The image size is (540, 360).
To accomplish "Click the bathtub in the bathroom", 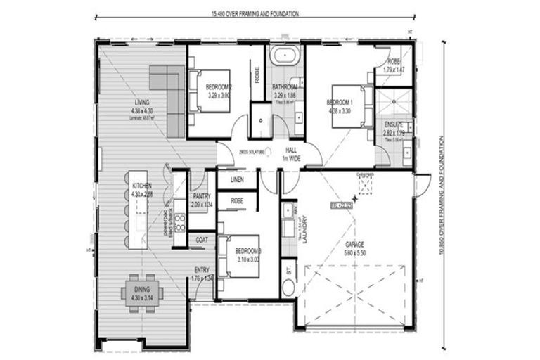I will (x=285, y=54).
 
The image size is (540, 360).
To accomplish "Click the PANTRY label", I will (x=202, y=197).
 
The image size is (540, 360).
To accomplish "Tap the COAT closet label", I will (x=202, y=239).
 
